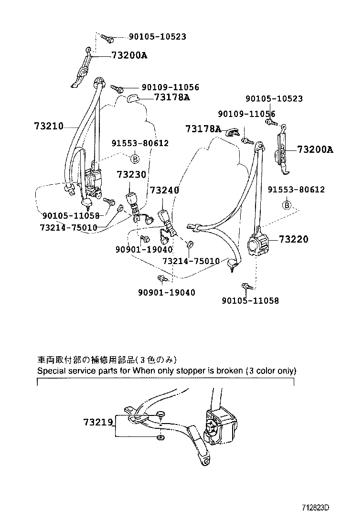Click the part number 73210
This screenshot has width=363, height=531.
coord(49,126)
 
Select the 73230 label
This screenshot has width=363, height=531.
coord(131,175)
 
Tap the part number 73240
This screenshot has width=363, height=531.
coord(164,191)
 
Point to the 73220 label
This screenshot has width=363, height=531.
coord(294,239)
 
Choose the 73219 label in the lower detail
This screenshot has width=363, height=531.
coord(97,422)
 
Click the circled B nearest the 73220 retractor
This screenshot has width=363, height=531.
coord(287,205)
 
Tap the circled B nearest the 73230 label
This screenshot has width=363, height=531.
coord(135,158)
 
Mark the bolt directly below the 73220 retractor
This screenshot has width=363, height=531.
coord(246,287)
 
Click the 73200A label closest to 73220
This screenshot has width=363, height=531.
coord(315,149)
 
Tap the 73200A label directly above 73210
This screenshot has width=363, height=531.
coord(129,55)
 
